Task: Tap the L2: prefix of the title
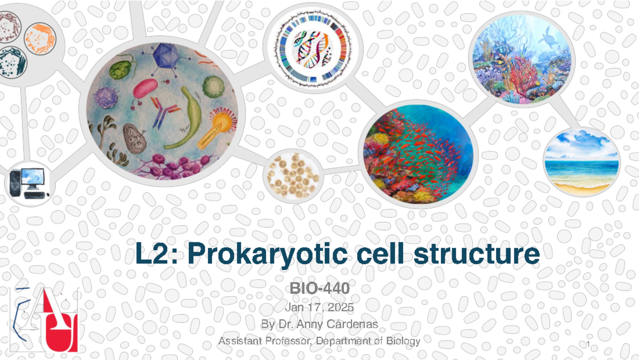click(x=154, y=255)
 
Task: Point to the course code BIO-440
click(x=319, y=289)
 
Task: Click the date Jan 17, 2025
click(x=319, y=308)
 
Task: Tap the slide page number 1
click(x=587, y=347)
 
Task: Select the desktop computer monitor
click(x=32, y=177)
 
